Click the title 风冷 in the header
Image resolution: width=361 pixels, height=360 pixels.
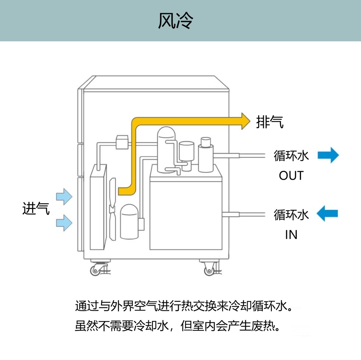click(176, 21)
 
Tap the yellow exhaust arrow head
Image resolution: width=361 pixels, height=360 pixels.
click(244, 121)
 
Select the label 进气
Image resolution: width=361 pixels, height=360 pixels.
click(36, 209)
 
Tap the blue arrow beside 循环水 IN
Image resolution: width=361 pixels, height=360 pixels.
click(327, 214)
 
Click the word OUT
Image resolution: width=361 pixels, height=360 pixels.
click(291, 176)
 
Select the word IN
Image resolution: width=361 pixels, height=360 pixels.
click(291, 235)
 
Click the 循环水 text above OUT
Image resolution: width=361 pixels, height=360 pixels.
click(291, 155)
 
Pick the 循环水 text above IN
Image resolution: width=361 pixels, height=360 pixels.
click(291, 214)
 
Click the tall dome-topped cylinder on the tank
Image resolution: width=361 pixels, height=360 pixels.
click(167, 149)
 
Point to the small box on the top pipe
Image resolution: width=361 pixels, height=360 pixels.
click(122, 142)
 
